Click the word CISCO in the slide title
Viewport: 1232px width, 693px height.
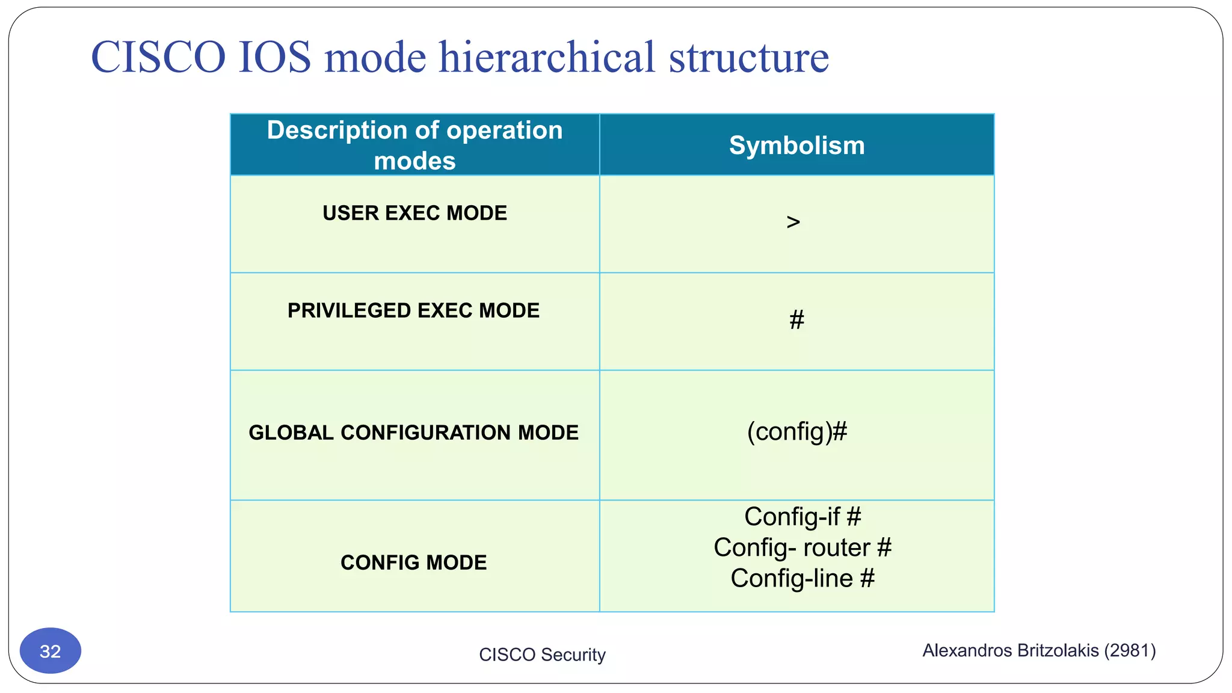[158, 57]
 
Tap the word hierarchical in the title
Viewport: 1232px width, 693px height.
[546, 57]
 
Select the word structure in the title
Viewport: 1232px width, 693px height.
[748, 57]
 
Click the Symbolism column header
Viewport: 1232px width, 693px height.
[796, 146]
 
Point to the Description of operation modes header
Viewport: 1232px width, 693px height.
[414, 145]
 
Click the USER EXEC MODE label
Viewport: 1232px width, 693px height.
[414, 213]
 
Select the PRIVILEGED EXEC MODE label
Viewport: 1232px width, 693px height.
[413, 310]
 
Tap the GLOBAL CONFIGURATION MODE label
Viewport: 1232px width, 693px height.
[413, 433]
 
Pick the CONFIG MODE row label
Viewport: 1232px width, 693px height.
[413, 562]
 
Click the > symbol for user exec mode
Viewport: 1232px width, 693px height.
[793, 222]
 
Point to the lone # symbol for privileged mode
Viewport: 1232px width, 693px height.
[796, 319]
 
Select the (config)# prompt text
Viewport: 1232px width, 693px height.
[796, 432]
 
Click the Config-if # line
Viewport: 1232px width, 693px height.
[802, 517]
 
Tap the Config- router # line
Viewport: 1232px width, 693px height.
[802, 547]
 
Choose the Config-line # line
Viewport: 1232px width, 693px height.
[802, 578]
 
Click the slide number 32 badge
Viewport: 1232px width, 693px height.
[51, 651]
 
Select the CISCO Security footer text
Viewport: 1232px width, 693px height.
[542, 654]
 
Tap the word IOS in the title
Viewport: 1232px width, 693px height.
[274, 57]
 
